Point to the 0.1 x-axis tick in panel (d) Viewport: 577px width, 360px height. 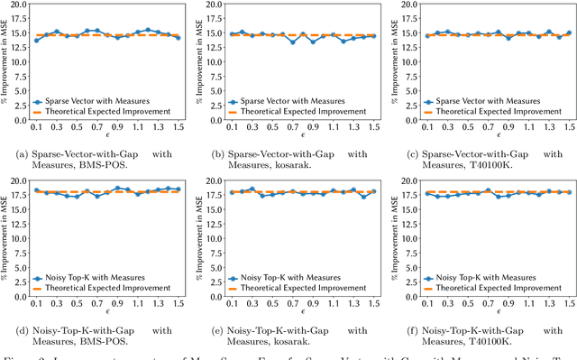coord(36,302)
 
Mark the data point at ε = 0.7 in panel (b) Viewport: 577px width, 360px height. coord(291,42)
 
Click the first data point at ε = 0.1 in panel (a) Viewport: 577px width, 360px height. coord(36,41)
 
